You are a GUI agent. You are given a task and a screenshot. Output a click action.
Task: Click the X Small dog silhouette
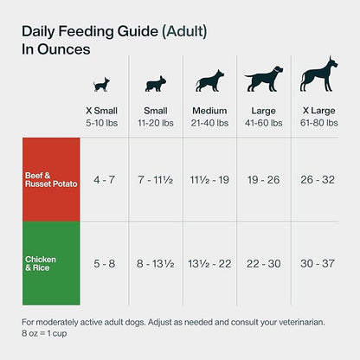[101, 85]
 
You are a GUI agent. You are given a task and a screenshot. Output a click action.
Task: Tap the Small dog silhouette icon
[156, 84]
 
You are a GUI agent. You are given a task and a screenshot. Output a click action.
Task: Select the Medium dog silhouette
[209, 80]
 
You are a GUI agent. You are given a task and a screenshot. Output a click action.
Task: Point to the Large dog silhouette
[264, 79]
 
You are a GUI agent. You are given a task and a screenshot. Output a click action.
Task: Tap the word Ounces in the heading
[64, 49]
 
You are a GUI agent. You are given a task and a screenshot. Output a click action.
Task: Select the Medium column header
[209, 111]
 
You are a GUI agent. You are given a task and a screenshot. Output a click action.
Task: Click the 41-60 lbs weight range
[264, 123]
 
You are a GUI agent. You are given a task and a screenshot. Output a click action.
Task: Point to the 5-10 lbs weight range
[101, 123]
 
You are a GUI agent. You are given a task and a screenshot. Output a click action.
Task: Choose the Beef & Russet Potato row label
[51, 180]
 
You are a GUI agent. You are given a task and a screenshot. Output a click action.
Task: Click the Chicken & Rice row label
[41, 263]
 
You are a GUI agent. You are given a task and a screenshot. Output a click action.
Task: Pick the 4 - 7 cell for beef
[104, 180]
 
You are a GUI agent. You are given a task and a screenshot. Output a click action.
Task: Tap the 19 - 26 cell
[264, 180]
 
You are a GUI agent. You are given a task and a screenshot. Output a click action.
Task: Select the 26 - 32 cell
[318, 180]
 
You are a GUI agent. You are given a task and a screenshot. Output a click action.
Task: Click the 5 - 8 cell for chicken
[104, 264]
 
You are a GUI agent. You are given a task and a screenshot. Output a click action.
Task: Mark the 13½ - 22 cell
[209, 264]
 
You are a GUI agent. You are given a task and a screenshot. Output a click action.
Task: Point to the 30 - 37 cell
[318, 264]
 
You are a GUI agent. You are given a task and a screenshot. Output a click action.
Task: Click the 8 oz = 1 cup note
[44, 333]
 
